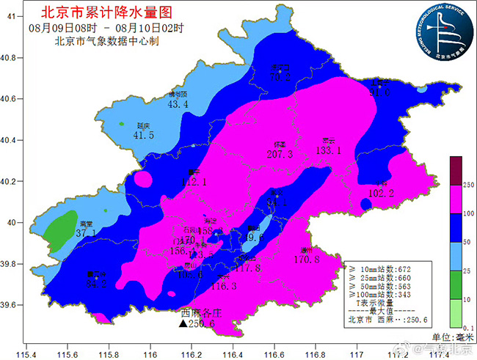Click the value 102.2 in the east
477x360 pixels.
tap(381, 194)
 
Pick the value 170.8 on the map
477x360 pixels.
tap(305, 260)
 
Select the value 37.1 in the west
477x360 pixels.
tap(86, 233)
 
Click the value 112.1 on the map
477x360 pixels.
tap(194, 182)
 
